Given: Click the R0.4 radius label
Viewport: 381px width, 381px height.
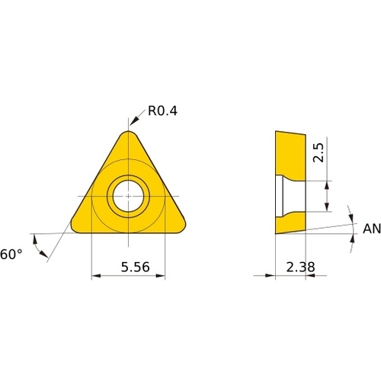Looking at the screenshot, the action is coord(162,110).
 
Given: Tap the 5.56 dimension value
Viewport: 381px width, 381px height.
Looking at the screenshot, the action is coord(135,267).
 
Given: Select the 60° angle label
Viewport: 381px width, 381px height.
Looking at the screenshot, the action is coord(11,255).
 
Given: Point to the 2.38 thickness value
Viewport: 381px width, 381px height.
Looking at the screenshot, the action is coord(300,267).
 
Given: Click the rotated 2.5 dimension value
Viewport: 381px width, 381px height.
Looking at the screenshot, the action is coord(319,152).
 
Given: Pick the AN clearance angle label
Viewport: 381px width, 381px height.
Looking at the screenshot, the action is coord(372,229).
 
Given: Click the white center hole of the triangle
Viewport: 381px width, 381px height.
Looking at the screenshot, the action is coord(128,196).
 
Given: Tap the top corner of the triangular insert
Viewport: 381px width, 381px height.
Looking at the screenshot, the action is coord(129,131).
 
